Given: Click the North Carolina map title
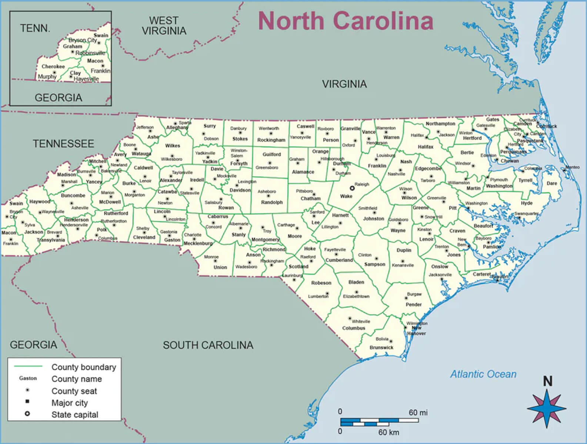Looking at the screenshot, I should coord(345,21).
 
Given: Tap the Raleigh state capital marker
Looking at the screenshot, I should coord(352,188).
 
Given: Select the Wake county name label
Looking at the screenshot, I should coord(346,196).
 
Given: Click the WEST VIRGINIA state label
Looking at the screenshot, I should coord(164,26).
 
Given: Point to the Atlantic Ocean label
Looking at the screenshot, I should coord(483,374).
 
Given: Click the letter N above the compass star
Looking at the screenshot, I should coord(547,381).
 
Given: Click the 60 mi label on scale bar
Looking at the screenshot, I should coord(418,412).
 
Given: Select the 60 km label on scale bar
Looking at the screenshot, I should coord(388,432).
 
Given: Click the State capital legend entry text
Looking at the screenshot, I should coord(75,415).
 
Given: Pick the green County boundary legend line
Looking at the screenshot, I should coord(28,367).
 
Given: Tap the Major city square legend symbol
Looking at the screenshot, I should coord(27,402).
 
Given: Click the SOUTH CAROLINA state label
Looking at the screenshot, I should coord(208,345).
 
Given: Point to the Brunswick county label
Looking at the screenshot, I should coord(381,348).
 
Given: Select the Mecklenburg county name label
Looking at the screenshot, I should coord(198,243).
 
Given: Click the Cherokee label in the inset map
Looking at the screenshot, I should coord(53,67).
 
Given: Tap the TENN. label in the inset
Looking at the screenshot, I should coord(35,29).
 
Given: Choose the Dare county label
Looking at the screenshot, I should coord(551,183).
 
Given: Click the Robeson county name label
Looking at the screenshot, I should coord(321,283).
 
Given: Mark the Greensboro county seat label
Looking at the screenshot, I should coord(267,168).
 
